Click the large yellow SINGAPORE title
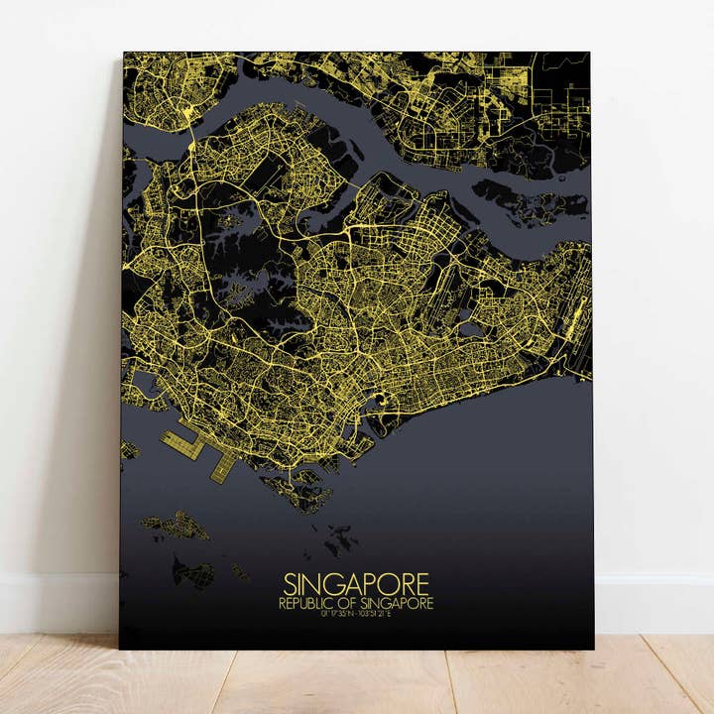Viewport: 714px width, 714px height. point(356,582)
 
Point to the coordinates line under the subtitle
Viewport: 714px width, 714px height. point(356,614)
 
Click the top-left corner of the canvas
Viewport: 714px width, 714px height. point(124,54)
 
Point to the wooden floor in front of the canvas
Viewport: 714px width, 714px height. point(357,684)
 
